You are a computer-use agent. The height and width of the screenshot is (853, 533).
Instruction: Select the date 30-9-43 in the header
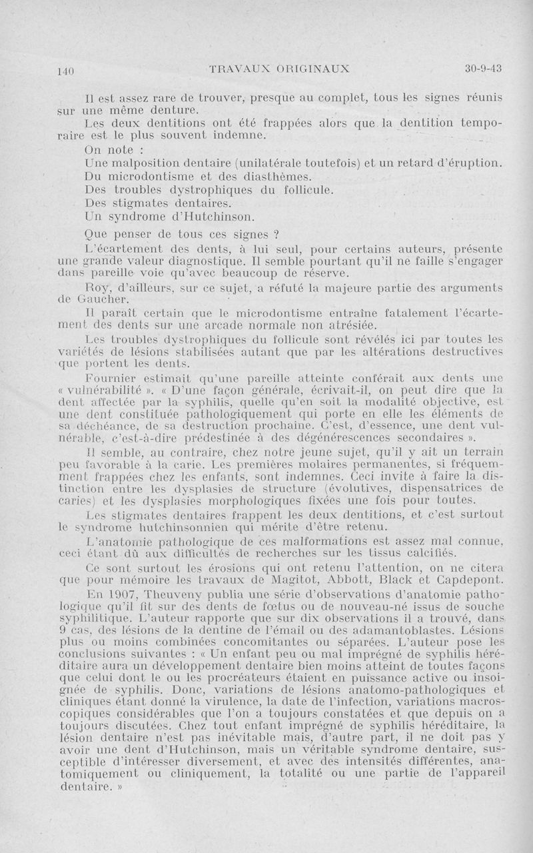point(483,68)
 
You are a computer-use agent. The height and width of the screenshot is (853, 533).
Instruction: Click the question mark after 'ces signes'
point(274,235)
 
